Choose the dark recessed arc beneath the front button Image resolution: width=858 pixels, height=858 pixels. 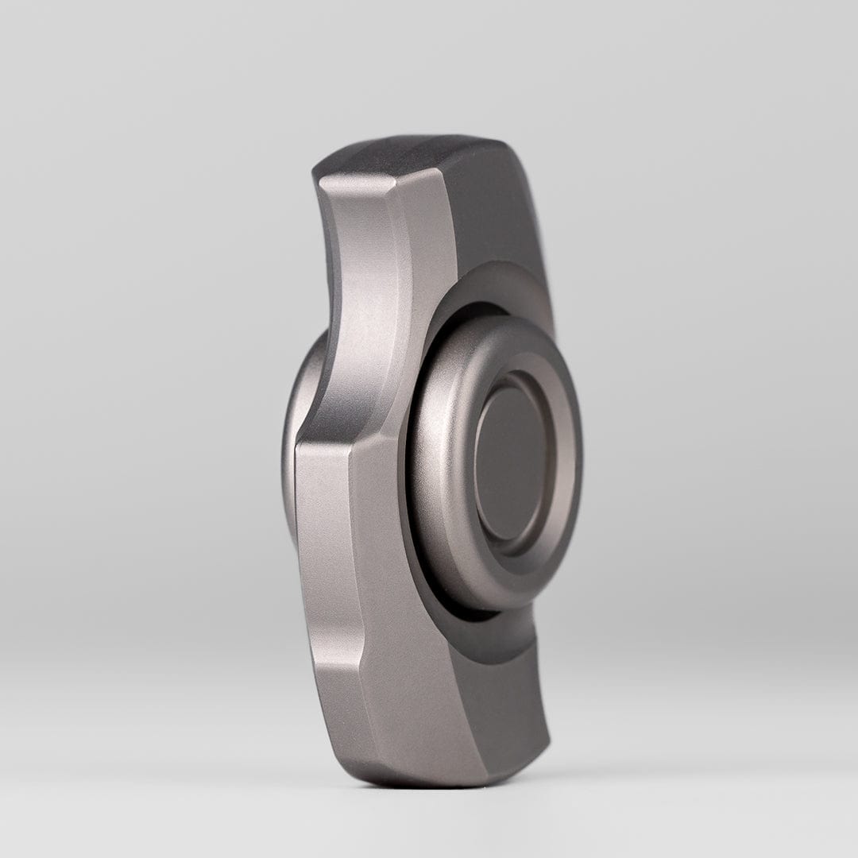477,628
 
